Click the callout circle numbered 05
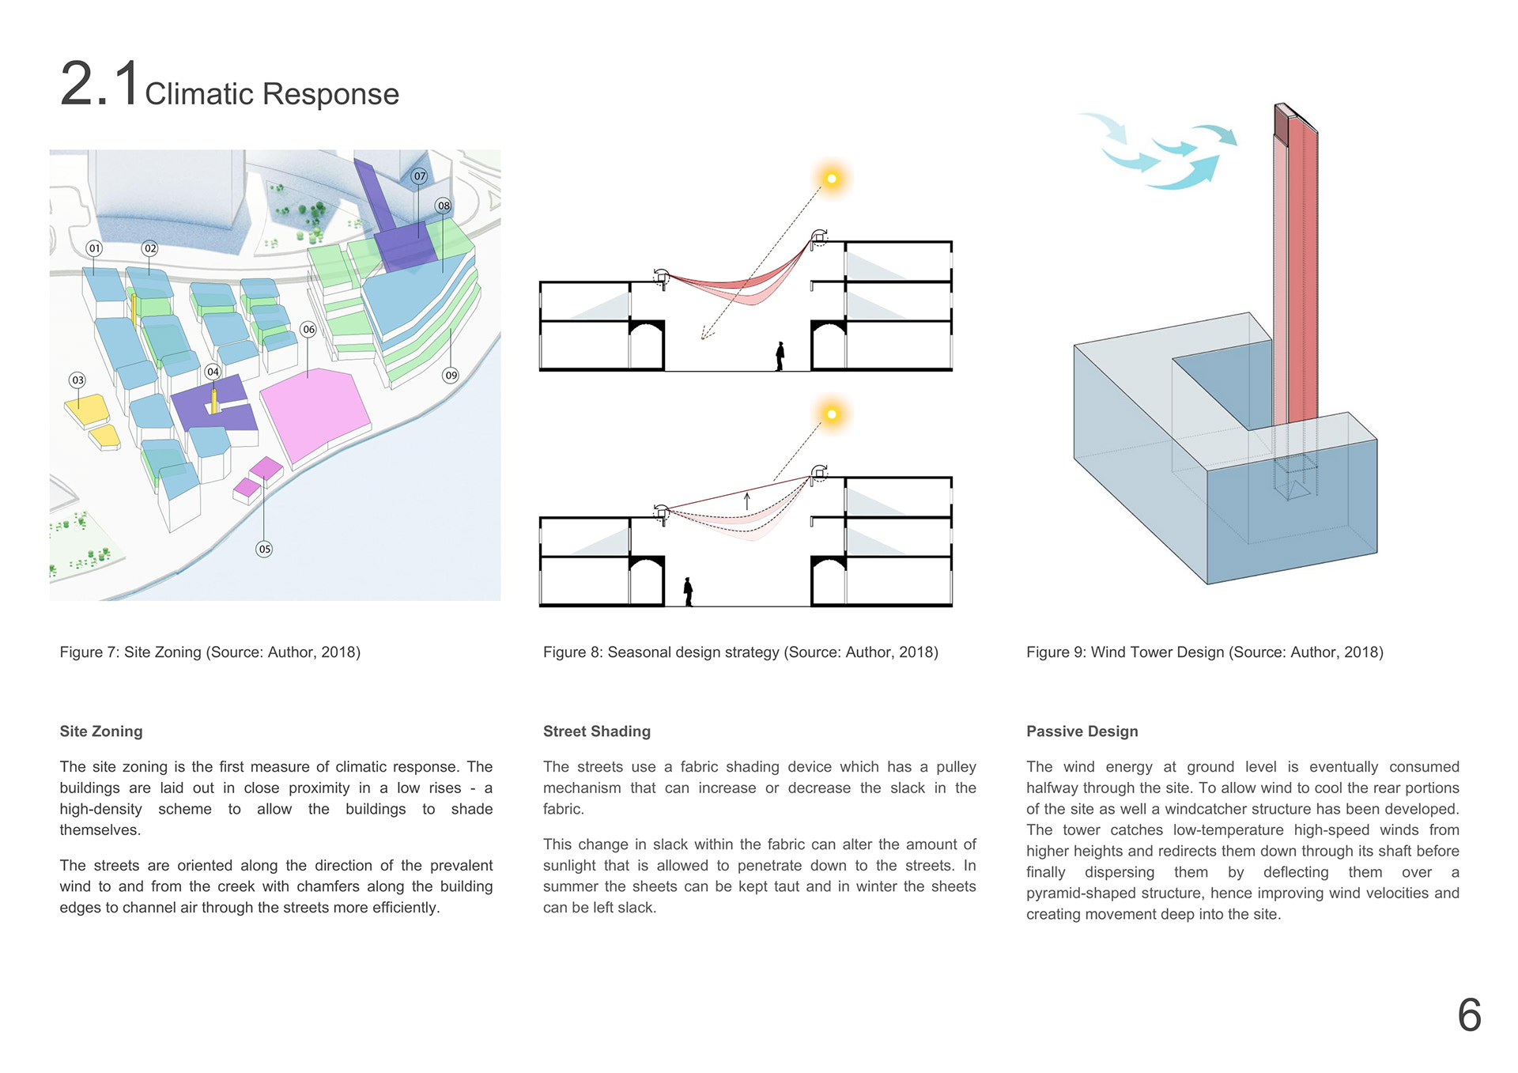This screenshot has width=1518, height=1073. [x=264, y=549]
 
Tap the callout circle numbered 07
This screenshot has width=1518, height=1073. [x=419, y=176]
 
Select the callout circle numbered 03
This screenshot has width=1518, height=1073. [x=77, y=380]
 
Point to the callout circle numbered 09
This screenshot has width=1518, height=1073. [x=451, y=375]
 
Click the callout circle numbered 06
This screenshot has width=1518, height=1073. [x=308, y=329]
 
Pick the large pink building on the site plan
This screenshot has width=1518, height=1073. [x=315, y=413]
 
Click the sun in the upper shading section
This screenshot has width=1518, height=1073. [x=831, y=179]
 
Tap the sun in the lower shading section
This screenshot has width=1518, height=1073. [x=831, y=414]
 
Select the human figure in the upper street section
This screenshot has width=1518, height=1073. [x=780, y=356]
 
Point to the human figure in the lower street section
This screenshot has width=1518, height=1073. [x=689, y=591]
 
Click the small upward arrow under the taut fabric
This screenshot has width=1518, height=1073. [x=746, y=500]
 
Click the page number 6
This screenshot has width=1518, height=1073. [x=1469, y=1015]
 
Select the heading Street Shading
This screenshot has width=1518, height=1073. [x=596, y=731]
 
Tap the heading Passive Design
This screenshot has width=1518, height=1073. [x=1082, y=731]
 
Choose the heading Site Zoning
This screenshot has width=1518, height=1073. [x=101, y=731]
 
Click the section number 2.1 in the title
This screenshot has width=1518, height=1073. [x=100, y=84]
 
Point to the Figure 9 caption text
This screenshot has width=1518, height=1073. [x=1204, y=652]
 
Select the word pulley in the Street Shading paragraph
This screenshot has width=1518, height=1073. [x=956, y=767]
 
